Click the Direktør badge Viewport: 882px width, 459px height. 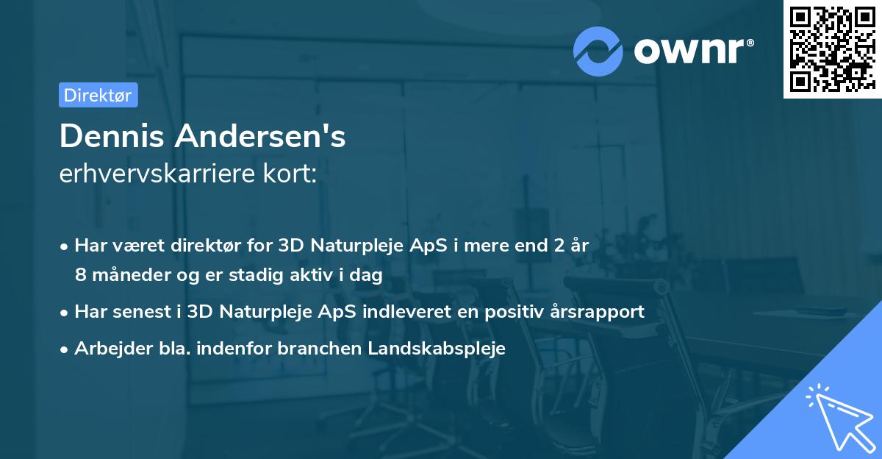tap(98, 95)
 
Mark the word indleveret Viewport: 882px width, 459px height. tap(414, 312)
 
